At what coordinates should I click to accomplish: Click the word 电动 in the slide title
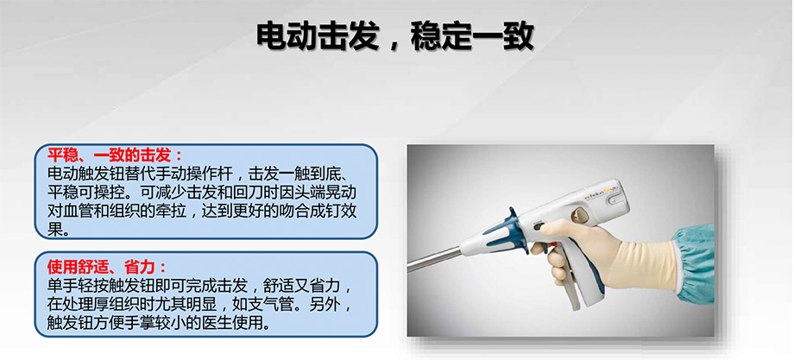pyautogui.click(x=287, y=36)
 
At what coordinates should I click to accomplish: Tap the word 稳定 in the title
pyautogui.click(x=441, y=36)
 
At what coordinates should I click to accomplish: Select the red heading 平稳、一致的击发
pyautogui.click(x=110, y=155)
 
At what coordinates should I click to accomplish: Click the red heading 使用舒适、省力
pyautogui.click(x=101, y=266)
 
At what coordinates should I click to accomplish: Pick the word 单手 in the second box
pyautogui.click(x=62, y=285)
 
